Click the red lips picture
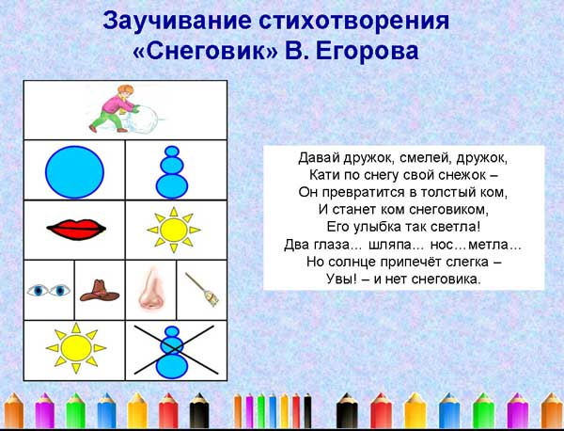[x=73, y=229]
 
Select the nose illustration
[x=150, y=289]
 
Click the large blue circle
[x=74, y=170]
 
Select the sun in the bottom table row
[x=73, y=349]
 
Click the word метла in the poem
[x=495, y=244]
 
